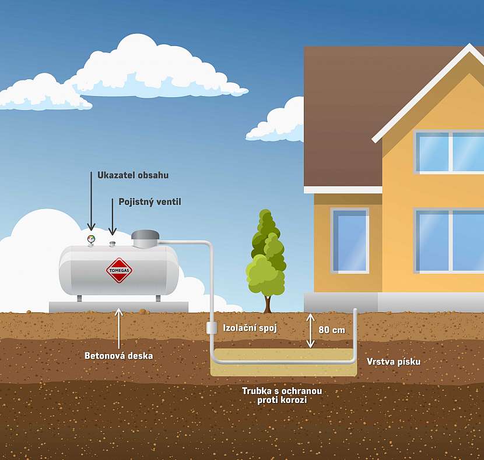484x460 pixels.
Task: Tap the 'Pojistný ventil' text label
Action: (150, 202)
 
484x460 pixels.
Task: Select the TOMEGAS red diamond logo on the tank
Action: (119, 270)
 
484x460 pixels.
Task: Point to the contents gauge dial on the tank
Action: (91, 239)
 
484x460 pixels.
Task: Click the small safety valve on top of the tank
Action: (113, 242)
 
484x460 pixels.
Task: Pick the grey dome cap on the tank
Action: (145, 237)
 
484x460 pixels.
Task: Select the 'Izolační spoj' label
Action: (250, 328)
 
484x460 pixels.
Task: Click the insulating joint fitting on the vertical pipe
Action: (212, 327)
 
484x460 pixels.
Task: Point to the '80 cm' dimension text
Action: (332, 330)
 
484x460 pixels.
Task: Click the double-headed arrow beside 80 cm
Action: (311, 331)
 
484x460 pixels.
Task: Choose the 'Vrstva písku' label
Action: (394, 362)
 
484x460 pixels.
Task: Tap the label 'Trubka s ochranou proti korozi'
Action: (282, 395)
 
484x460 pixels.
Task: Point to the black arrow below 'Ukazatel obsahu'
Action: (91, 201)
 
